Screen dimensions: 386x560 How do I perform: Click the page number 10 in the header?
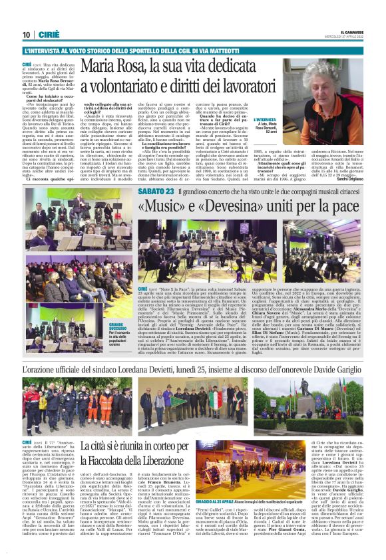coord(27,35)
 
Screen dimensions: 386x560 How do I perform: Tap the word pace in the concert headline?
coord(339,206)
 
